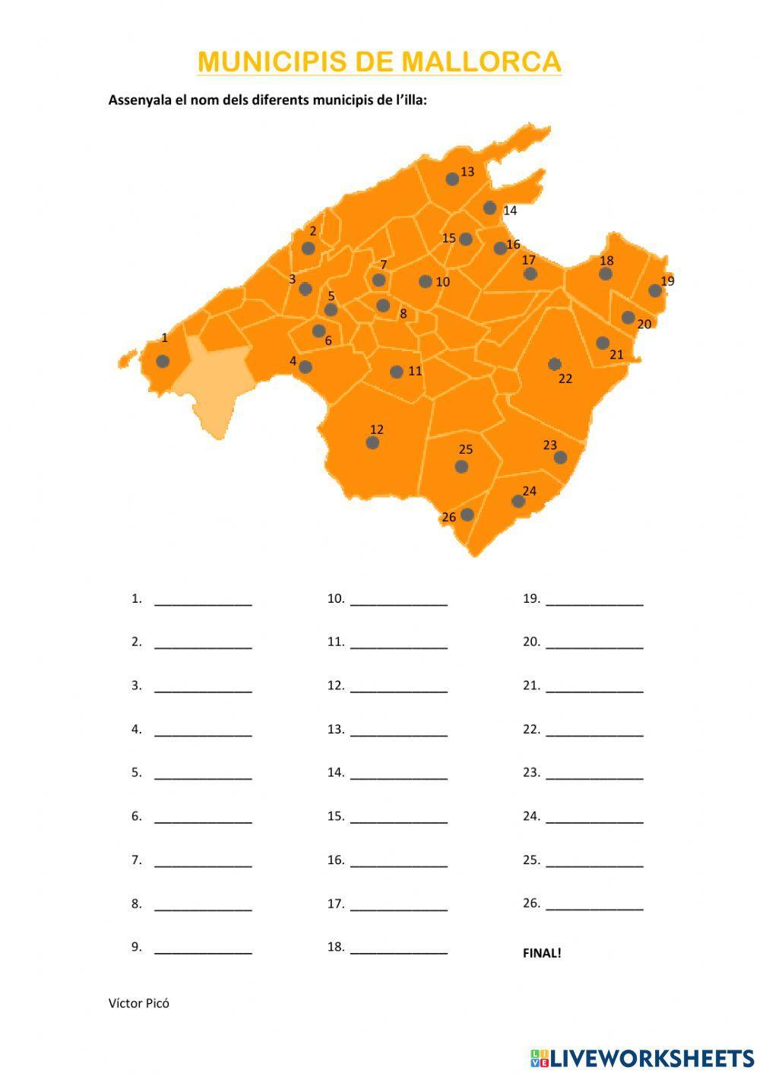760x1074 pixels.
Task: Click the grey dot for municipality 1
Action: [163, 361]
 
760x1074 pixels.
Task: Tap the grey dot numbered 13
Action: [452, 179]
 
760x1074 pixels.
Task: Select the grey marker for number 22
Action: [555, 364]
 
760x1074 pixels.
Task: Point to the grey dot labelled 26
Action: [467, 515]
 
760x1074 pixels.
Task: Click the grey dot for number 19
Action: [655, 290]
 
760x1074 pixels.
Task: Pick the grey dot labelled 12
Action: [372, 442]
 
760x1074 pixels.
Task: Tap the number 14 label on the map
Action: [510, 211]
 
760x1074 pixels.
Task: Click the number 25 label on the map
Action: [466, 449]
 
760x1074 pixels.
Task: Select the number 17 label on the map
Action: [529, 260]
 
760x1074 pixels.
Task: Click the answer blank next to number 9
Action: [203, 950]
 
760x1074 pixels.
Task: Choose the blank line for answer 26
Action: [594, 907]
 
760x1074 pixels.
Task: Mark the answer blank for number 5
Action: [203, 776]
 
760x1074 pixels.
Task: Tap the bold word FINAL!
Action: [542, 953]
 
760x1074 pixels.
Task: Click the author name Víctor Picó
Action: [139, 1003]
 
